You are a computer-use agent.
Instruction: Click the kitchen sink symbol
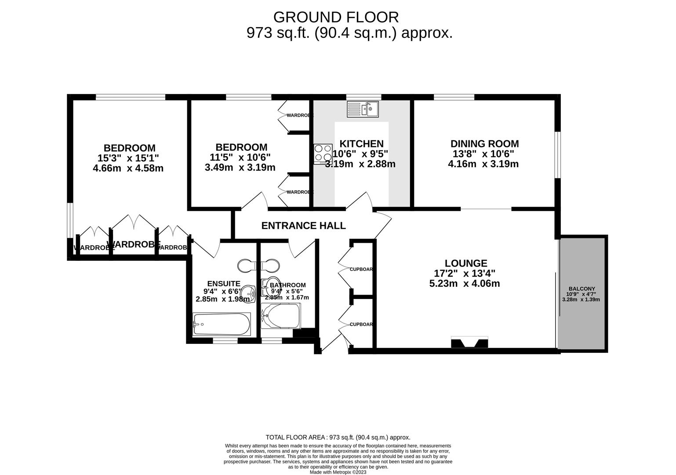(363, 109)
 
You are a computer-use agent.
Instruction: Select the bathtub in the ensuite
(222, 325)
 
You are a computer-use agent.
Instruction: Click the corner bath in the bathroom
(281, 316)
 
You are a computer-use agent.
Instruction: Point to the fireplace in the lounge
(469, 342)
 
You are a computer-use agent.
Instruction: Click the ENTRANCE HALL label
(303, 226)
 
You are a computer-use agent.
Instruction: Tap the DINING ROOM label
(484, 144)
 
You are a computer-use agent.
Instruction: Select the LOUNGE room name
(466, 263)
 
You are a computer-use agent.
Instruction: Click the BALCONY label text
(581, 289)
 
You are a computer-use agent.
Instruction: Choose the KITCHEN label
(361, 144)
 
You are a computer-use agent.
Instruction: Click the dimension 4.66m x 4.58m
(128, 168)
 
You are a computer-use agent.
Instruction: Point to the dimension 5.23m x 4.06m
(464, 284)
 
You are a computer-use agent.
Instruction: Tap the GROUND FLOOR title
(336, 17)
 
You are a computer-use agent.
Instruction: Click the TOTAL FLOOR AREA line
(338, 437)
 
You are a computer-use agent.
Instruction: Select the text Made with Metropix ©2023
(338, 472)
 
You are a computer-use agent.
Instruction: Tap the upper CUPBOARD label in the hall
(361, 269)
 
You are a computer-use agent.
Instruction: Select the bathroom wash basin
(269, 286)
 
